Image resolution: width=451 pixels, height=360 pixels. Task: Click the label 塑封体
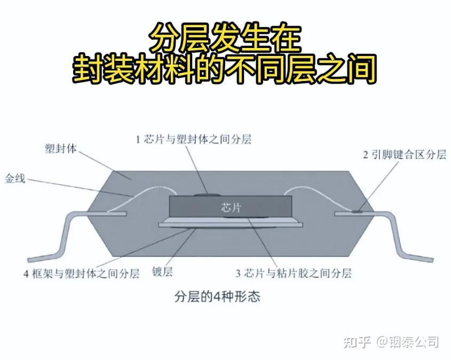[x=61, y=148]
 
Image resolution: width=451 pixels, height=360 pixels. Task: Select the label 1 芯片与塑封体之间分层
[x=193, y=140]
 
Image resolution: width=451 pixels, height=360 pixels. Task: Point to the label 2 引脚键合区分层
[x=404, y=155]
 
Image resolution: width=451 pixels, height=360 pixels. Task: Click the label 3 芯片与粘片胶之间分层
[x=294, y=274]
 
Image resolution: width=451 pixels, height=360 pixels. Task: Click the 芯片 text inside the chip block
[x=231, y=207]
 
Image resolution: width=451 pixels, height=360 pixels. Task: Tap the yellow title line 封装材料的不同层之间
[x=225, y=69]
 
